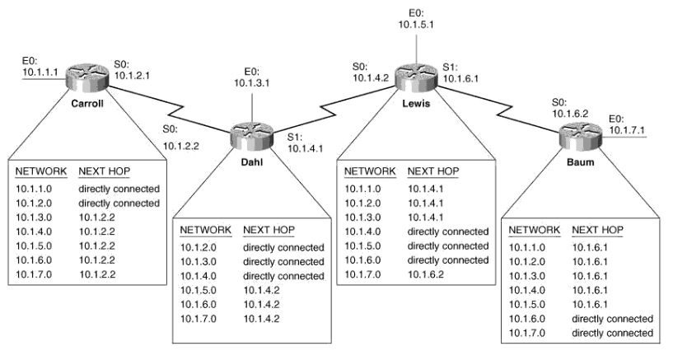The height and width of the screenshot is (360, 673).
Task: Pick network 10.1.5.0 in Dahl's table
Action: [x=199, y=289]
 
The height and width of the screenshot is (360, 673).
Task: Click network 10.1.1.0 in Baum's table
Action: [x=528, y=246]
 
